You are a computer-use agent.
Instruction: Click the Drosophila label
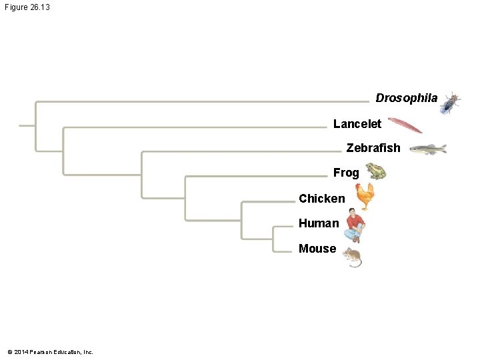click(406, 98)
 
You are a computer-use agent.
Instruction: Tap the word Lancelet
click(357, 124)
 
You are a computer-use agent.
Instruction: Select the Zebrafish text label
click(373, 148)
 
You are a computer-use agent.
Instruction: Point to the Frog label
click(346, 173)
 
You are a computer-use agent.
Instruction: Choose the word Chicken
click(322, 198)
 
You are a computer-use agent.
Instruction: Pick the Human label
click(319, 223)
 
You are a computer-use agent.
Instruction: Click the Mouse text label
click(317, 249)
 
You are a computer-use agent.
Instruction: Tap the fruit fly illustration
click(450, 103)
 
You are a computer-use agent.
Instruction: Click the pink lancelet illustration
click(405, 125)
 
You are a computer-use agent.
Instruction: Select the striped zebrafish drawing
click(427, 149)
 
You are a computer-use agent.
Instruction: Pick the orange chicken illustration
click(365, 197)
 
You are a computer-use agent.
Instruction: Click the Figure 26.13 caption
click(27, 7)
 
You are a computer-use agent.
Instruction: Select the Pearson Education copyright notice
click(50, 351)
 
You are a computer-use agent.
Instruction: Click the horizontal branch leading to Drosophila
click(200, 101)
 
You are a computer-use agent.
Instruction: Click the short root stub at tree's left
click(27, 125)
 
